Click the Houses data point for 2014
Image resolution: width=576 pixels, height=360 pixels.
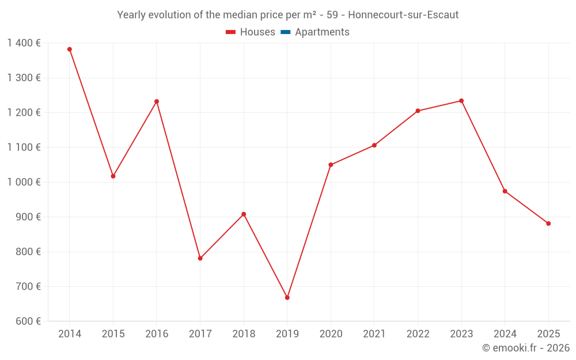(x=70, y=50)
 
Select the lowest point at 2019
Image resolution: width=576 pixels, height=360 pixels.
(x=287, y=298)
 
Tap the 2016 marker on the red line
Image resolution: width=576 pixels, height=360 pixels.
(x=157, y=101)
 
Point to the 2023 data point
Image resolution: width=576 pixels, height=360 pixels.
(x=461, y=101)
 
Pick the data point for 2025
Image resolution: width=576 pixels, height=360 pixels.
(x=548, y=223)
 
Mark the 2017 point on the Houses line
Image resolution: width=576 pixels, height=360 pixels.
(x=200, y=259)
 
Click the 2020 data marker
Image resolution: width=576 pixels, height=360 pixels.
(x=331, y=165)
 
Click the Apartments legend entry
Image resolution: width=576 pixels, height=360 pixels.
(x=321, y=32)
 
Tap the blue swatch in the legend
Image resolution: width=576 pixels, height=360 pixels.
(x=285, y=32)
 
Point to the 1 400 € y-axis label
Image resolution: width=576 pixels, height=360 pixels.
(x=24, y=43)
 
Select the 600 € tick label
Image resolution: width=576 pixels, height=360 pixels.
(x=28, y=321)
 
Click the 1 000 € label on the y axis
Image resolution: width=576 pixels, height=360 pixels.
(x=24, y=182)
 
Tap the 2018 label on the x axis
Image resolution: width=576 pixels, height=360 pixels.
(x=244, y=334)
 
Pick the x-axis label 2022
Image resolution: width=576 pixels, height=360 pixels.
(x=418, y=334)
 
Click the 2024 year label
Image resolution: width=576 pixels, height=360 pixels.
(x=505, y=334)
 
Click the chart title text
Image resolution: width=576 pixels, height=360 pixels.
(x=287, y=15)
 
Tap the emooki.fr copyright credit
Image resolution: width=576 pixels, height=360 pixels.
(x=525, y=348)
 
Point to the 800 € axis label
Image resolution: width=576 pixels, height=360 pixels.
(x=28, y=252)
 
